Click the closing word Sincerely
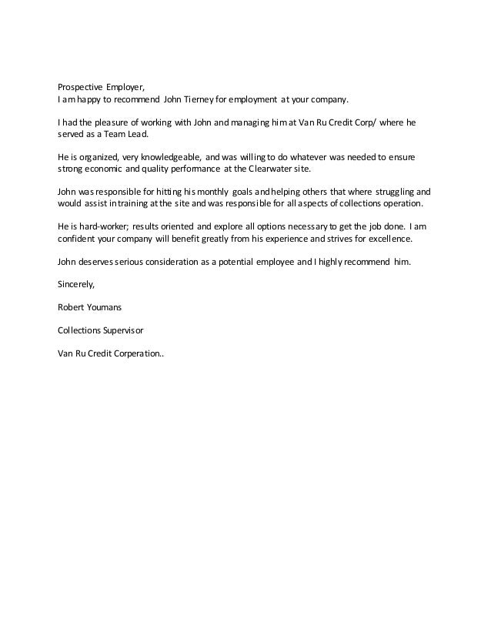point(76,284)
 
